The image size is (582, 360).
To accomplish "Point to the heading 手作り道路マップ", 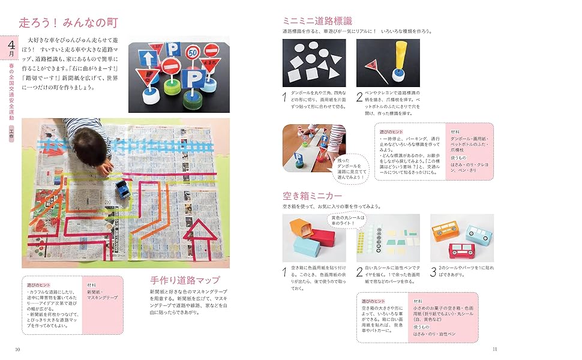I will point(185,280).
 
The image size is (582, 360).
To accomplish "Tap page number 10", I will point(17,349).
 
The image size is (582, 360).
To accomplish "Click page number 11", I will point(494,349).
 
